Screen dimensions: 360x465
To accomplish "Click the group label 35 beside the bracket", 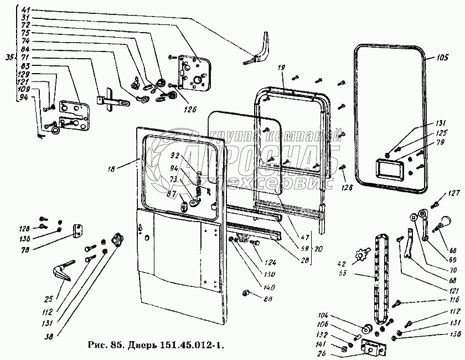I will [x=8, y=57].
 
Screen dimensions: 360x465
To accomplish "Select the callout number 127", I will [x=454, y=193].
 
